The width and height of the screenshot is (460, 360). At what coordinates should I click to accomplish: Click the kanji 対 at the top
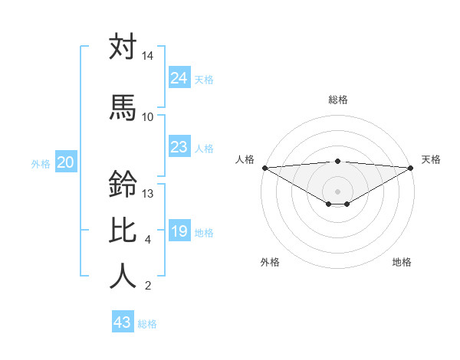pyautogui.click(x=123, y=47)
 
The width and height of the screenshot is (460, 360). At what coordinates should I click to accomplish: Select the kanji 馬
pyautogui.click(x=123, y=107)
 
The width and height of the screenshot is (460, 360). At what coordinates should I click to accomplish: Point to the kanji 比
pyautogui.click(x=123, y=231)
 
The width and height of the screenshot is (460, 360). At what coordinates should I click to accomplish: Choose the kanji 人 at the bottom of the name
pyautogui.click(x=123, y=276)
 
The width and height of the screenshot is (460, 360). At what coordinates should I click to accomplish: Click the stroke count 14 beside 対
pyautogui.click(x=148, y=57)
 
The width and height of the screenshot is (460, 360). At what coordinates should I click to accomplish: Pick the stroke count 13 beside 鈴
pyautogui.click(x=148, y=194)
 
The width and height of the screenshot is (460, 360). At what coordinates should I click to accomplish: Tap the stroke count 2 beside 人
pyautogui.click(x=148, y=286)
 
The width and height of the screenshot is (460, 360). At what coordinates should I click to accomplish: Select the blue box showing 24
pyautogui.click(x=179, y=78)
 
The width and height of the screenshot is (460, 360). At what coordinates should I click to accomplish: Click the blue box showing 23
pyautogui.click(x=179, y=147)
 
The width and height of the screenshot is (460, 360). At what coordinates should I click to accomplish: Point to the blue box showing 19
pyautogui.click(x=179, y=231)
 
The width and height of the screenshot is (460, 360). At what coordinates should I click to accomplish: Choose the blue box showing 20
pyautogui.click(x=65, y=162)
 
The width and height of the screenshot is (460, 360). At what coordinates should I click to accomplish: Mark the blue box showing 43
pyautogui.click(x=122, y=322)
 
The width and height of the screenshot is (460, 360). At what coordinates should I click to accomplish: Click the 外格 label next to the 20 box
pyautogui.click(x=41, y=163)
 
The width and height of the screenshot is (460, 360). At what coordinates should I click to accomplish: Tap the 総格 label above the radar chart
pyautogui.click(x=337, y=100)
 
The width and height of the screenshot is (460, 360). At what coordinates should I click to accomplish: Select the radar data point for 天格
pyautogui.click(x=411, y=168)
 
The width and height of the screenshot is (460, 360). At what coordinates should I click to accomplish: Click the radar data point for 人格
pyautogui.click(x=264, y=168)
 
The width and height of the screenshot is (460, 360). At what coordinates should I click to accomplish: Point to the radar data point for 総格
pyautogui.click(x=337, y=161)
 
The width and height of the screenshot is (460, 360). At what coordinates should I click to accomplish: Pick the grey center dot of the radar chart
pyautogui.click(x=337, y=190)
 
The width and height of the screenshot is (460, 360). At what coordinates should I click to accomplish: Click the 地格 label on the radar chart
pyautogui.click(x=402, y=262)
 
